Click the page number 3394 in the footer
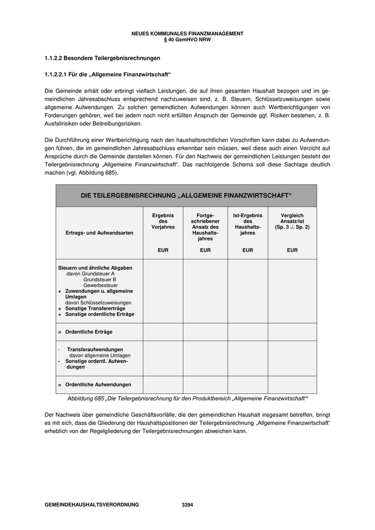click(187, 505)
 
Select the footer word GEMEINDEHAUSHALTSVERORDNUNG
click(92, 505)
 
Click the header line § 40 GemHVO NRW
click(187, 39)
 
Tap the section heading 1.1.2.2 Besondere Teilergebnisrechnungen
click(102, 57)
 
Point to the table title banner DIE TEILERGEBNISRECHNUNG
click(186, 196)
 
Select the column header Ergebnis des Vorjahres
click(163, 221)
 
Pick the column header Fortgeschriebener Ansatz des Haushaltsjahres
click(205, 227)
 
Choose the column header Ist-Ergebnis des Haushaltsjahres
click(247, 224)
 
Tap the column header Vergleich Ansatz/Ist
click(292, 221)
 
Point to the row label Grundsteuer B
click(100, 279)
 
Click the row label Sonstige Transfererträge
click(95, 309)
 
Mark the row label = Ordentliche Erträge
click(88, 332)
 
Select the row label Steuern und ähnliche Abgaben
click(95, 268)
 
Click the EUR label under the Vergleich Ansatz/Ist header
click(292, 250)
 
